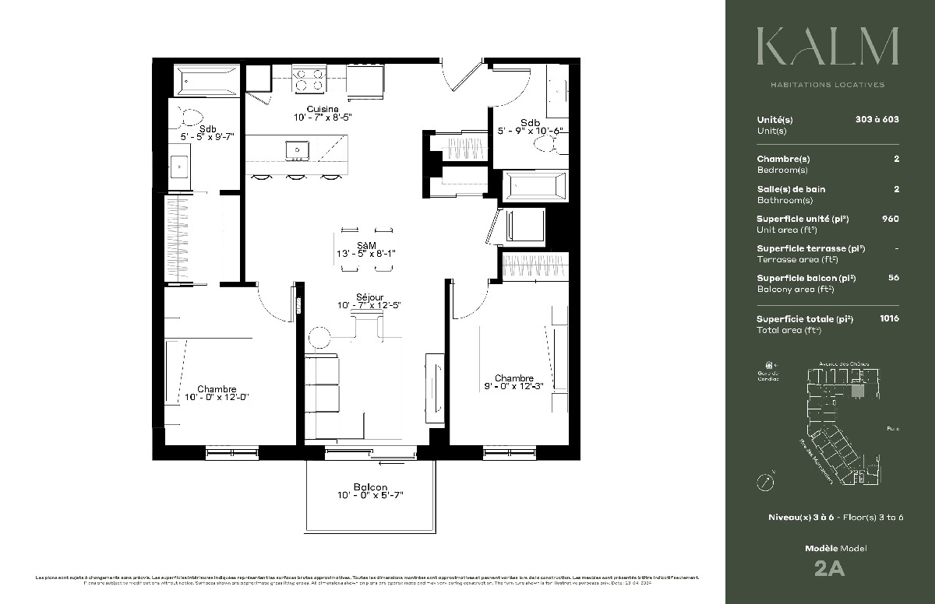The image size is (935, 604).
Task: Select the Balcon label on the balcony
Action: (370, 487)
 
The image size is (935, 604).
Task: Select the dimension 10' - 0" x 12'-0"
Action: (216, 398)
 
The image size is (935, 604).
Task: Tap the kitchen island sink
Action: (297, 149)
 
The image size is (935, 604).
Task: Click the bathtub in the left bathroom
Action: (204, 79)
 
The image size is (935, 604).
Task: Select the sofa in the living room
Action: (322, 386)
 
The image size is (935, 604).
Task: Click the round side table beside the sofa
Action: (319, 338)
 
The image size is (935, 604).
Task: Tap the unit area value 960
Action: (890, 219)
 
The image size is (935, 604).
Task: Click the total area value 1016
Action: (889, 318)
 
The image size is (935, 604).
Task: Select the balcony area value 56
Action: (894, 278)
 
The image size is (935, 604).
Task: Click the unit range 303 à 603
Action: (877, 120)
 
